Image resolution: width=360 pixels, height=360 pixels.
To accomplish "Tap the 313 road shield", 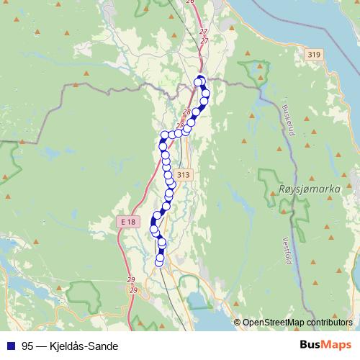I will (183, 175).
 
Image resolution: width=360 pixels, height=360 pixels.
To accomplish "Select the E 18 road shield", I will (127, 222).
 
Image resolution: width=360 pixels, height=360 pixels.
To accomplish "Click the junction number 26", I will (190, 2).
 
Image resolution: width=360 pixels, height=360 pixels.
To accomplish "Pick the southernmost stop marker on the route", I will (160, 260).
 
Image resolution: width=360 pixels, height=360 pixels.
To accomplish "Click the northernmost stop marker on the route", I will (200, 80).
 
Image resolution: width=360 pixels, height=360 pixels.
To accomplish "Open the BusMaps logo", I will (327, 344).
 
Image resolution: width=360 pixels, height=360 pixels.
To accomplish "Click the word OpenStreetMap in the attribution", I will (274, 322).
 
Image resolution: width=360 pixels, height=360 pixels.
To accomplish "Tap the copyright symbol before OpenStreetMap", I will (237, 322).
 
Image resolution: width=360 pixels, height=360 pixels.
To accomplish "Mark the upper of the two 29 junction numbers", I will (131, 279).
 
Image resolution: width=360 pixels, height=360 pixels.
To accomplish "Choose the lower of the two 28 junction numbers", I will (180, 125).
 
